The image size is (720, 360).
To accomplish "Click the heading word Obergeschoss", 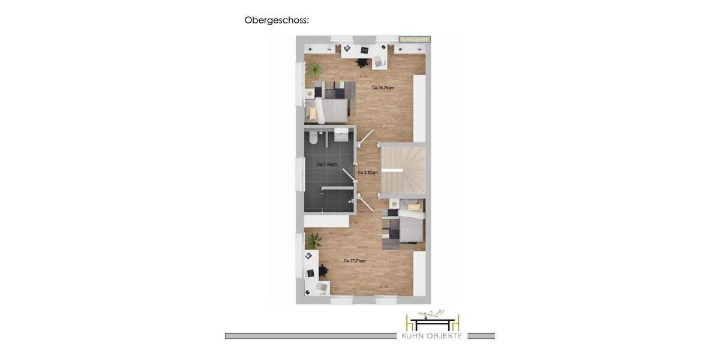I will click(277, 20).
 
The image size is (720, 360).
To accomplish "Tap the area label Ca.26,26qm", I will click(383, 88).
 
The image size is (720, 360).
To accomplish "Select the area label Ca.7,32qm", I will click(326, 164).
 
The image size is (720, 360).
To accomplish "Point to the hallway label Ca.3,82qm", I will click(368, 173).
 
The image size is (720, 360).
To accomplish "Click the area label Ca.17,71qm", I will click(355, 261).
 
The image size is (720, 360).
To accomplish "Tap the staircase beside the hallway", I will click(403, 170).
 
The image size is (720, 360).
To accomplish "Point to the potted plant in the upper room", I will click(313, 70).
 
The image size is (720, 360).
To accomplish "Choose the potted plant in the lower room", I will click(313, 241).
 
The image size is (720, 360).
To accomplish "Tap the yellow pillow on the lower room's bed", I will click(414, 208).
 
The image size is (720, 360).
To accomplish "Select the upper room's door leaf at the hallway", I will click(366, 137).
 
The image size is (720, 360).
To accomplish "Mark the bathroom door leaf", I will click(349, 175).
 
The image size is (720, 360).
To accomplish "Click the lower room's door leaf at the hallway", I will click(366, 203).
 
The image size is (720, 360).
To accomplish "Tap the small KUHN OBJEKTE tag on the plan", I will click(415, 40).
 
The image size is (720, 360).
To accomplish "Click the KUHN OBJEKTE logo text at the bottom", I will click(432, 336).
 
